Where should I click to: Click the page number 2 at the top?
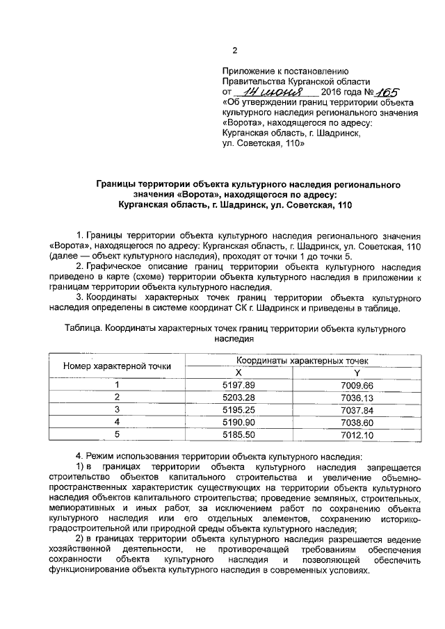[x=234, y=50]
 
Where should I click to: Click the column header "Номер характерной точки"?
[x=117, y=366]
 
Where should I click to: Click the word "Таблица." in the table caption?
[x=83, y=329]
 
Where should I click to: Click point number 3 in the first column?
[x=118, y=409]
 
